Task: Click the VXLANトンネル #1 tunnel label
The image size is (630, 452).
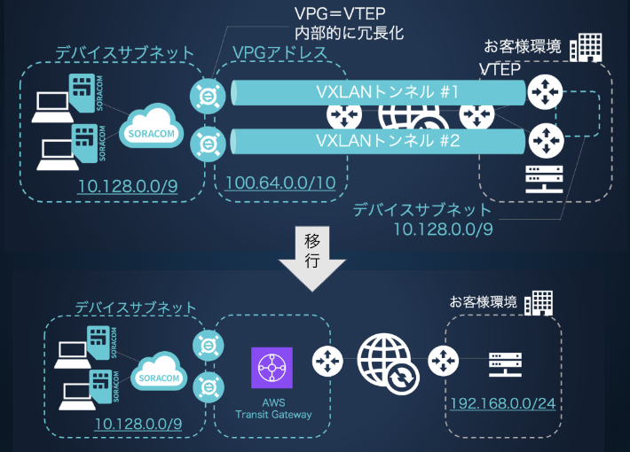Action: pyautogui.click(x=388, y=92)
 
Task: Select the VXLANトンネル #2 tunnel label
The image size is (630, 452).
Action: pyautogui.click(x=388, y=141)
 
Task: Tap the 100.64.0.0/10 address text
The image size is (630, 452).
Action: pyautogui.click(x=280, y=183)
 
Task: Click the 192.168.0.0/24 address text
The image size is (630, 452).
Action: pyautogui.click(x=502, y=403)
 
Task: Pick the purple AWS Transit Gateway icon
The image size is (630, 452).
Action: pyautogui.click(x=272, y=368)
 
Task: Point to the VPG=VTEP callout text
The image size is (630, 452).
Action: pyautogui.click(x=340, y=13)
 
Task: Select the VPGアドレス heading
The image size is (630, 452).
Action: pyautogui.click(x=280, y=53)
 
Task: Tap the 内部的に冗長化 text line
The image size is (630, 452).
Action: pyautogui.click(x=349, y=33)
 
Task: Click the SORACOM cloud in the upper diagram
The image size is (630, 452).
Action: pyautogui.click(x=152, y=126)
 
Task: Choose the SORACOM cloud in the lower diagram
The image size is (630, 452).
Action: pyautogui.click(x=159, y=371)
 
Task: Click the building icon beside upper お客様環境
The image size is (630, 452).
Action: pyautogui.click(x=586, y=47)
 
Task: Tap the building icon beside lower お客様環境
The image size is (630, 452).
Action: pyautogui.click(x=539, y=303)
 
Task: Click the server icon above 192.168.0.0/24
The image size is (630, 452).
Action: pyautogui.click(x=505, y=365)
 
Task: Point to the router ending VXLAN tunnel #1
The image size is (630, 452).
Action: pyautogui.click(x=545, y=92)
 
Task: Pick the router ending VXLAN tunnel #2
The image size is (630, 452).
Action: pyautogui.click(x=546, y=141)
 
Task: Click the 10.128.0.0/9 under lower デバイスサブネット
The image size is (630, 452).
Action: pyautogui.click(x=138, y=424)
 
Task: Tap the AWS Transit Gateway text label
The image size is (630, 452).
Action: pyautogui.click(x=273, y=409)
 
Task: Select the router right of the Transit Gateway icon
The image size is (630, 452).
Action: pyautogui.click(x=327, y=362)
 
